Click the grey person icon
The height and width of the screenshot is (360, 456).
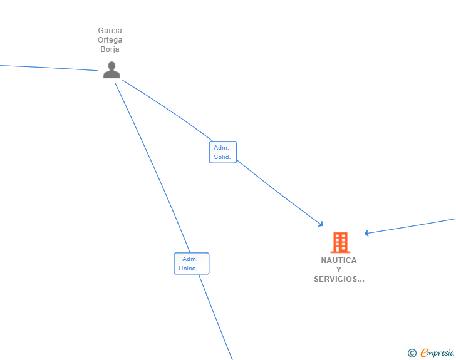[x=111, y=70]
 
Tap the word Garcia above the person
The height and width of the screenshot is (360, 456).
[x=110, y=30]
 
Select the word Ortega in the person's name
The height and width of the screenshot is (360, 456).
[x=110, y=40]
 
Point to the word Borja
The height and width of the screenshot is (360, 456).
[x=110, y=49]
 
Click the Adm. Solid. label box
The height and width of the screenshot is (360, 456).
[x=222, y=152]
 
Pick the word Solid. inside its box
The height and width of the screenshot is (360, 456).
[x=222, y=157]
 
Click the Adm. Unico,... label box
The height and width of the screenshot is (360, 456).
[x=191, y=264]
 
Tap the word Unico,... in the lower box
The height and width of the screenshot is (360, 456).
[x=191, y=269]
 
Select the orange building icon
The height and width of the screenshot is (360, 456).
[x=339, y=242]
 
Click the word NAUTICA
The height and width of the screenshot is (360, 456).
[x=339, y=260]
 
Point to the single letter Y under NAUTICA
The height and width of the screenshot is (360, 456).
[x=339, y=270]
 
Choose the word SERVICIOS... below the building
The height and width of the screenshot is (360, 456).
[x=339, y=279]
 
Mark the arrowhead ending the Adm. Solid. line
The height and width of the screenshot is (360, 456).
[x=321, y=224]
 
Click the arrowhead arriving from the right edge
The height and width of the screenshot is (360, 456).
[x=367, y=233]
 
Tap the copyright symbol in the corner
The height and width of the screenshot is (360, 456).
[x=412, y=353]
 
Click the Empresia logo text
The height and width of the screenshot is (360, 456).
[x=438, y=353]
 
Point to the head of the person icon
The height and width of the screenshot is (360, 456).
[x=111, y=66]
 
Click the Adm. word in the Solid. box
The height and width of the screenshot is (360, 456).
[x=220, y=148]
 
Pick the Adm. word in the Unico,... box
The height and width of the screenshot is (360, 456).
[x=190, y=259]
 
